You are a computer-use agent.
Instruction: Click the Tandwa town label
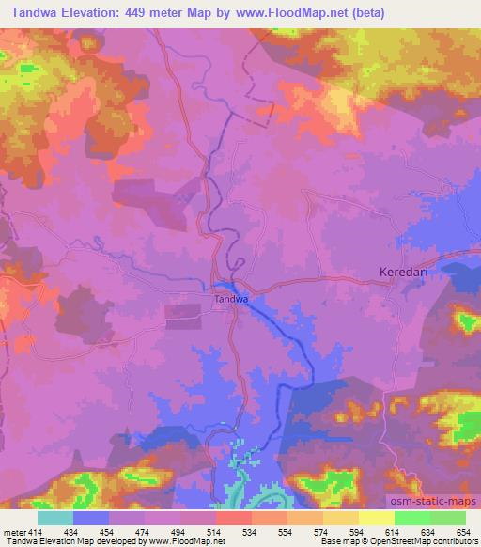pyautogui.click(x=230, y=299)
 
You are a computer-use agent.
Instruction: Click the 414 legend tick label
pyautogui.click(x=35, y=532)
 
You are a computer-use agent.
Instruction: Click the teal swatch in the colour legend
pyautogui.click(x=55, y=518)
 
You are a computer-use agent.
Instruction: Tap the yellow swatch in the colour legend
pyautogui.click(x=377, y=518)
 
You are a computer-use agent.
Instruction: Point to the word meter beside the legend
pyautogui.click(x=12, y=532)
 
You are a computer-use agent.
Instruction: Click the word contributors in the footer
pyautogui.click(x=452, y=541)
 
